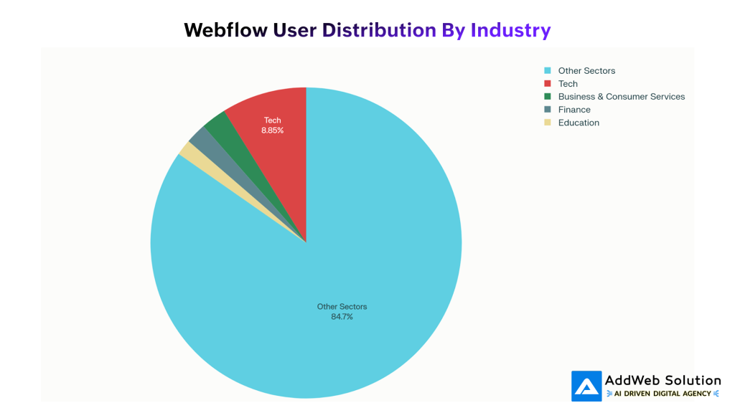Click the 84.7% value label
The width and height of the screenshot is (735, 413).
coord(342,317)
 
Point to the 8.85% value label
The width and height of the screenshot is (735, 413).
coord(272,130)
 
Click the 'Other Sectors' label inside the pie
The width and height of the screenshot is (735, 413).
coord(342,307)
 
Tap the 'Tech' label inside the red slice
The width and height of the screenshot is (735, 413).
coord(273,120)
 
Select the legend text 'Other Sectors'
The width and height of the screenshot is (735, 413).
coord(586,71)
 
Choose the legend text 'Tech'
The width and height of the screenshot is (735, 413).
coord(568,84)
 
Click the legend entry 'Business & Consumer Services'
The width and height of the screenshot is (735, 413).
coord(622,97)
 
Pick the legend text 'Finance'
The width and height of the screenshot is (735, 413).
coord(574,110)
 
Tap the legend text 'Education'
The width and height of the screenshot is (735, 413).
coord(579,123)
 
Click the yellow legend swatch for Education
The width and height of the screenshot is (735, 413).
coord(548,123)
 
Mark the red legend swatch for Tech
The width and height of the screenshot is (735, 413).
coord(548,84)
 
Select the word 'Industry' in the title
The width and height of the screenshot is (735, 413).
coord(510,30)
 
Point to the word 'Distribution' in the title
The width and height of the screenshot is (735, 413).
coord(379,30)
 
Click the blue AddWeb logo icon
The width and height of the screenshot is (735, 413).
coord(586,386)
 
